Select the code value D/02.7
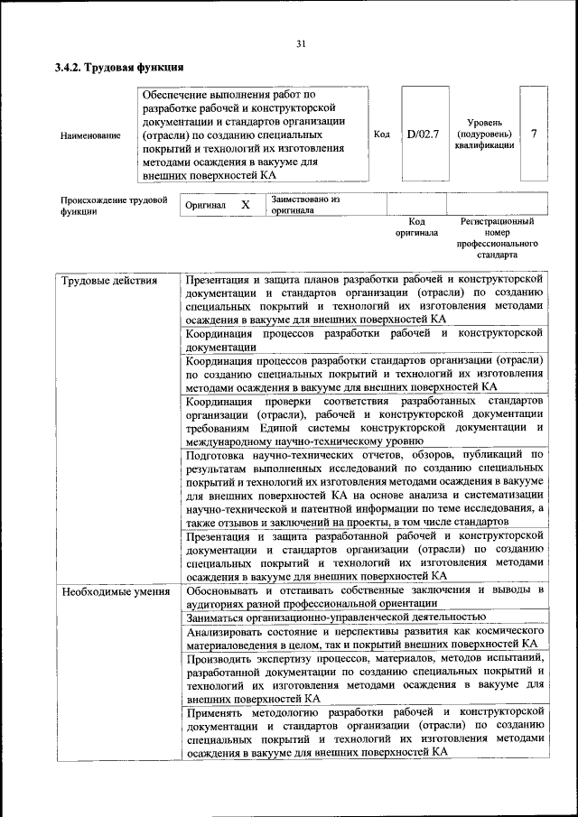pos(423,135)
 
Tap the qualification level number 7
pos(534,134)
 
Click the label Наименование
pos(90,135)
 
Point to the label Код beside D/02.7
pos(381,135)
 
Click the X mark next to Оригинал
pos(245,205)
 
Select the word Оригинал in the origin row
pos(205,206)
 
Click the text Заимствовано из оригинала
pos(304,205)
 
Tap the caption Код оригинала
pos(416,227)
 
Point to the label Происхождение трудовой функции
pos(114,206)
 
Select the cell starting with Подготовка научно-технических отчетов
pos(364,488)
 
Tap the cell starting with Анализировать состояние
pos(364,637)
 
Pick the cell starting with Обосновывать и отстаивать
pos(364,597)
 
